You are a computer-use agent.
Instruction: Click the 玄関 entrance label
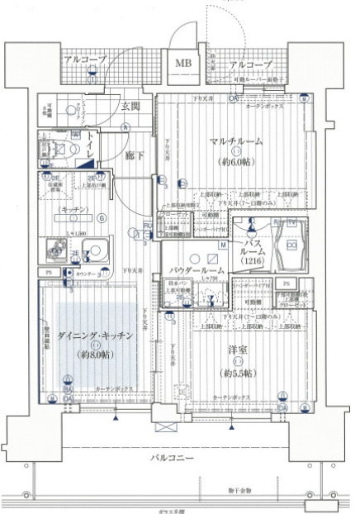pyautogui.click(x=130, y=106)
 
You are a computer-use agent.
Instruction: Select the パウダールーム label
pyautogui.click(x=196, y=269)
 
